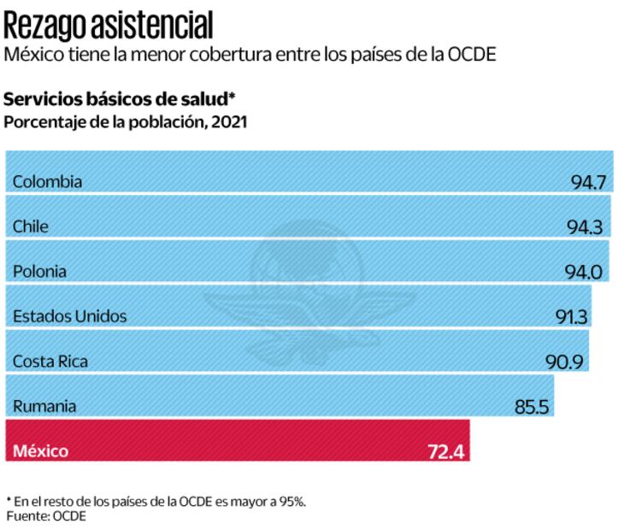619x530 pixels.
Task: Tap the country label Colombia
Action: coord(48,181)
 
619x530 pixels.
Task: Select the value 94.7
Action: coord(588,182)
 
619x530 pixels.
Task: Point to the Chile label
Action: coord(31,227)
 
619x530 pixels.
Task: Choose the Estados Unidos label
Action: coord(70,316)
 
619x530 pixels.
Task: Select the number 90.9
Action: coord(564,362)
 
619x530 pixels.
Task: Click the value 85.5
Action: coord(532,407)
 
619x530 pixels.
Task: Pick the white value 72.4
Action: coord(445,450)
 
